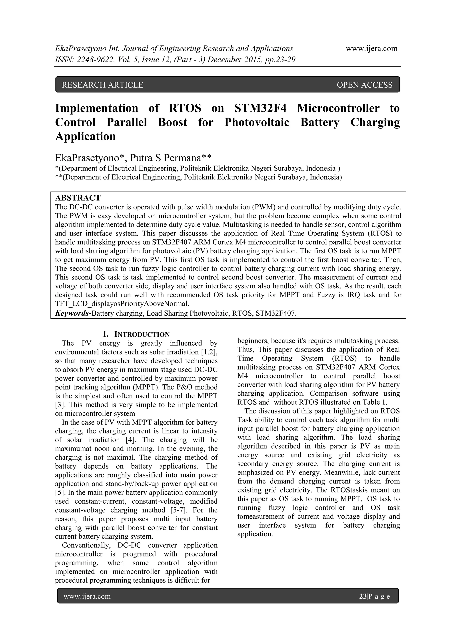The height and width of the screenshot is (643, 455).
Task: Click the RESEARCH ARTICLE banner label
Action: (x=102, y=85)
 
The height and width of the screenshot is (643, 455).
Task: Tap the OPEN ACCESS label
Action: (x=364, y=85)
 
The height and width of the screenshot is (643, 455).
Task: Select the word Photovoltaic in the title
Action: (x=257, y=122)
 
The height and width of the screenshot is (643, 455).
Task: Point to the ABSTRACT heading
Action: (x=78, y=198)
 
